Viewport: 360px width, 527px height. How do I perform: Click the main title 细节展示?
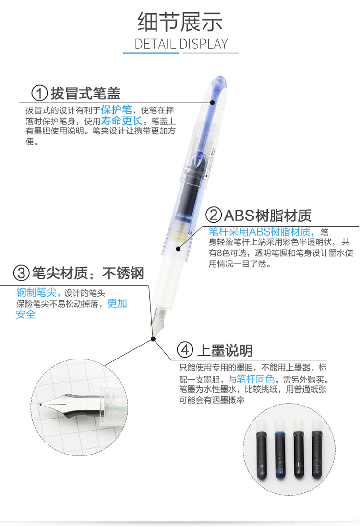(x=180, y=22)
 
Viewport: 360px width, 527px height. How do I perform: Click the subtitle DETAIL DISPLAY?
(x=181, y=44)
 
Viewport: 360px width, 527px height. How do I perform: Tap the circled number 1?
(x=39, y=93)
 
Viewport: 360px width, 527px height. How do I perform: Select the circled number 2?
(x=214, y=215)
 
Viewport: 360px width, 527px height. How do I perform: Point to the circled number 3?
(x=21, y=273)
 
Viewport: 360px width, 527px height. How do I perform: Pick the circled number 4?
(x=185, y=350)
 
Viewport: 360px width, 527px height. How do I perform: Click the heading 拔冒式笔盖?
(x=85, y=94)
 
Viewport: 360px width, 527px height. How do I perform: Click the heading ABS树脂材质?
(x=267, y=216)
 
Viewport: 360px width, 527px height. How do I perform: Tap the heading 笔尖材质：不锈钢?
(x=88, y=273)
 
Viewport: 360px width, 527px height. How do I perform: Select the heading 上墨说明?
(x=225, y=350)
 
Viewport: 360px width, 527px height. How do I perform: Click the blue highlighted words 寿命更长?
(x=122, y=120)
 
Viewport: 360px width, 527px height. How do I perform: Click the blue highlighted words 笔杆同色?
(x=255, y=379)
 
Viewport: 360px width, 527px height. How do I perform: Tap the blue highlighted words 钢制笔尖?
(x=36, y=292)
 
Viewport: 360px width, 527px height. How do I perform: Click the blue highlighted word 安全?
(x=25, y=314)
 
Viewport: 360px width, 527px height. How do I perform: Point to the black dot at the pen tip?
(x=153, y=339)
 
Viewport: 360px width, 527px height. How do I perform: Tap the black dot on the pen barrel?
(x=178, y=249)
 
